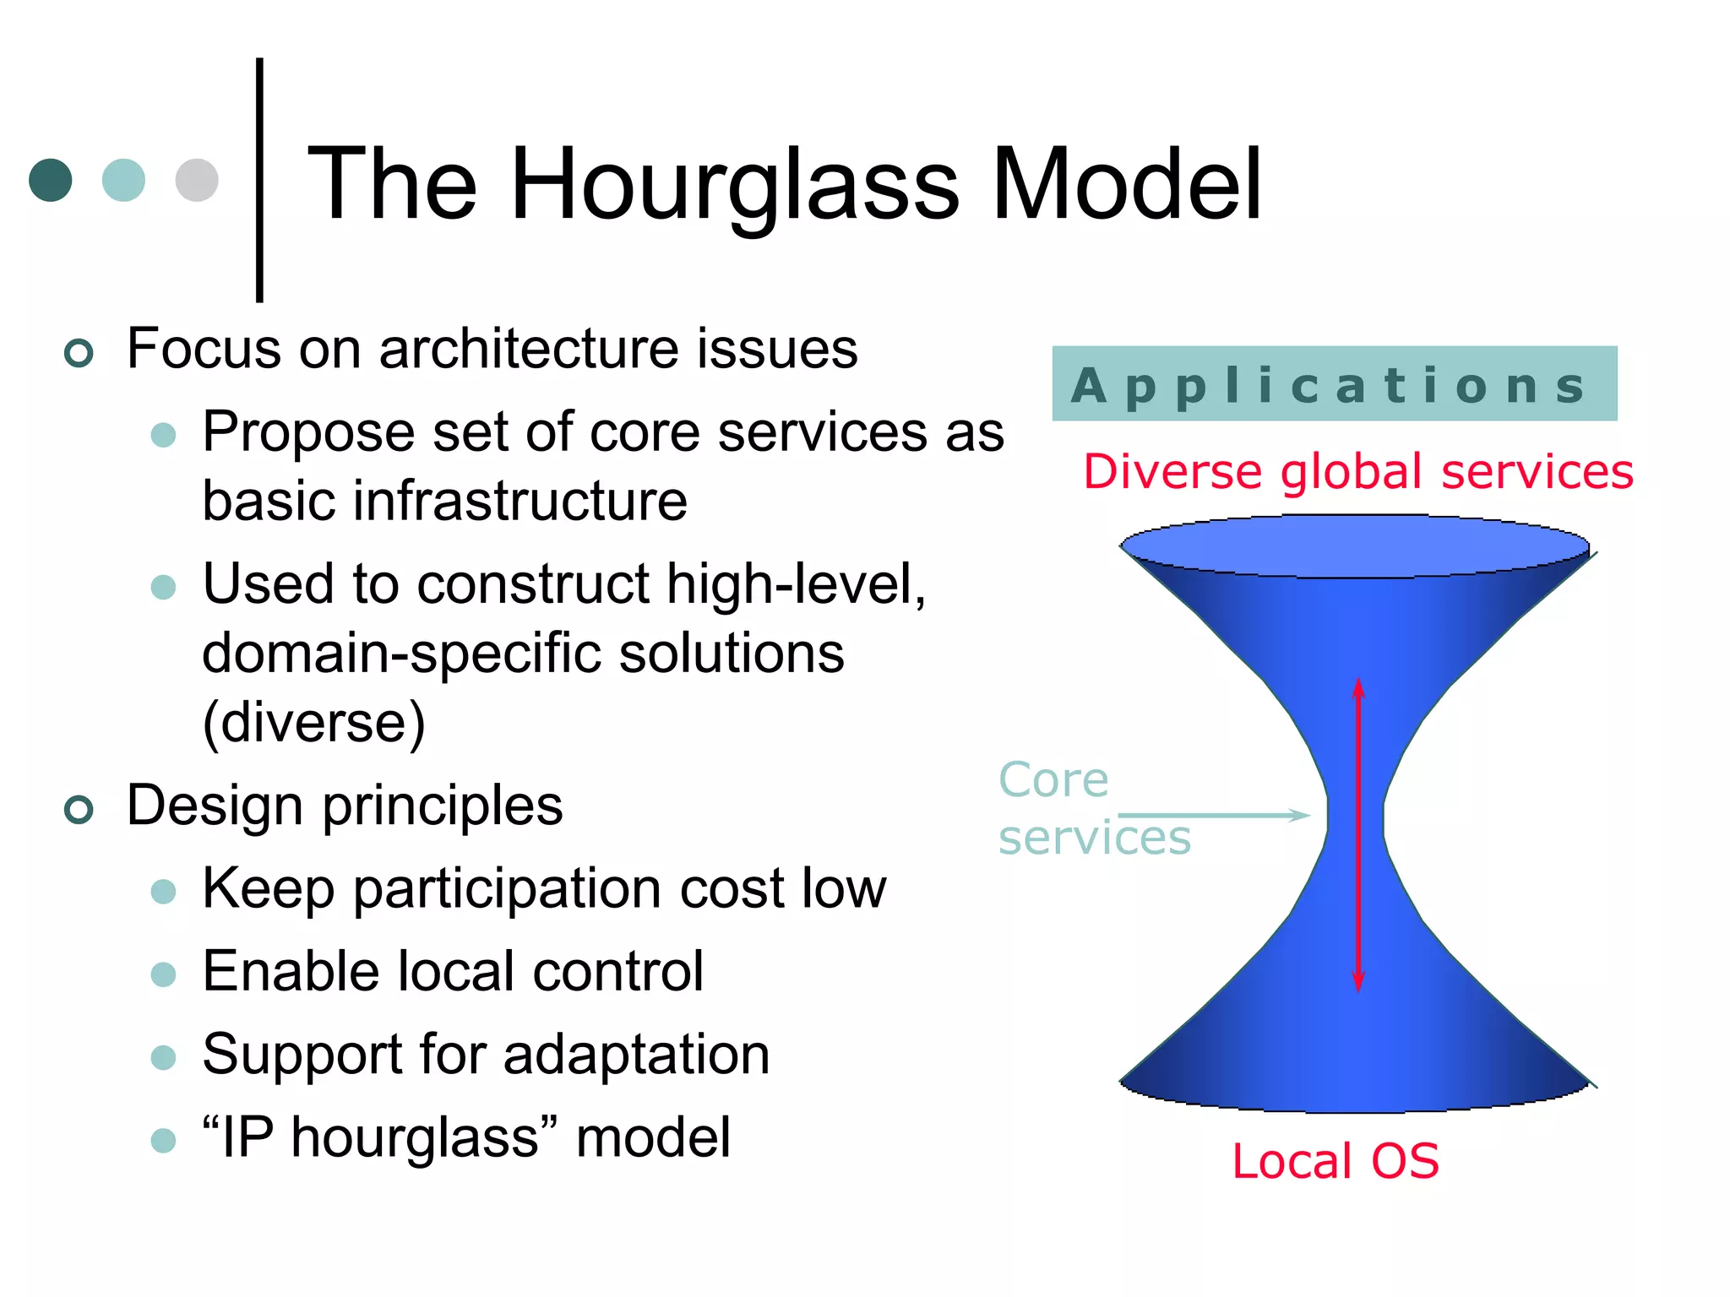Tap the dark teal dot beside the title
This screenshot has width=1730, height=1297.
[51, 180]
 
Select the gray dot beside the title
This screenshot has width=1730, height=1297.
[197, 180]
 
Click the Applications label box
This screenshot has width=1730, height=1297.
[1334, 384]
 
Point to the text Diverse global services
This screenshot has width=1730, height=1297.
[1357, 471]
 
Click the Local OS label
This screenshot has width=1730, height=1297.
[1335, 1161]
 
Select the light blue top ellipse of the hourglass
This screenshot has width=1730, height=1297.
[1354, 547]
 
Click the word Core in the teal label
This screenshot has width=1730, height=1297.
[1053, 779]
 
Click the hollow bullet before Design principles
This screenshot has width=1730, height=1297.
[79, 810]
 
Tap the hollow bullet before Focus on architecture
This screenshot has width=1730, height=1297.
[79, 353]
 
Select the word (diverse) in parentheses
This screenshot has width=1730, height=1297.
[313, 722]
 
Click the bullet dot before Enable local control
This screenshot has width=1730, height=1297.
[163, 974]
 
